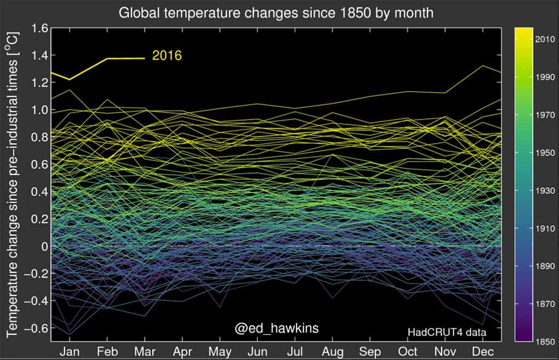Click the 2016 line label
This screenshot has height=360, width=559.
coord(167,56)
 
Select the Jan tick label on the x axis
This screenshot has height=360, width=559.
coord(70,351)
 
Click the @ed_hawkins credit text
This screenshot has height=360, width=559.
coord(277,328)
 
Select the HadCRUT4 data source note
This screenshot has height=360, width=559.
coord(447,332)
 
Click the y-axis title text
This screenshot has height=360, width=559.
coord(12,184)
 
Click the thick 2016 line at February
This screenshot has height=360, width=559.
coord(107,59)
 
